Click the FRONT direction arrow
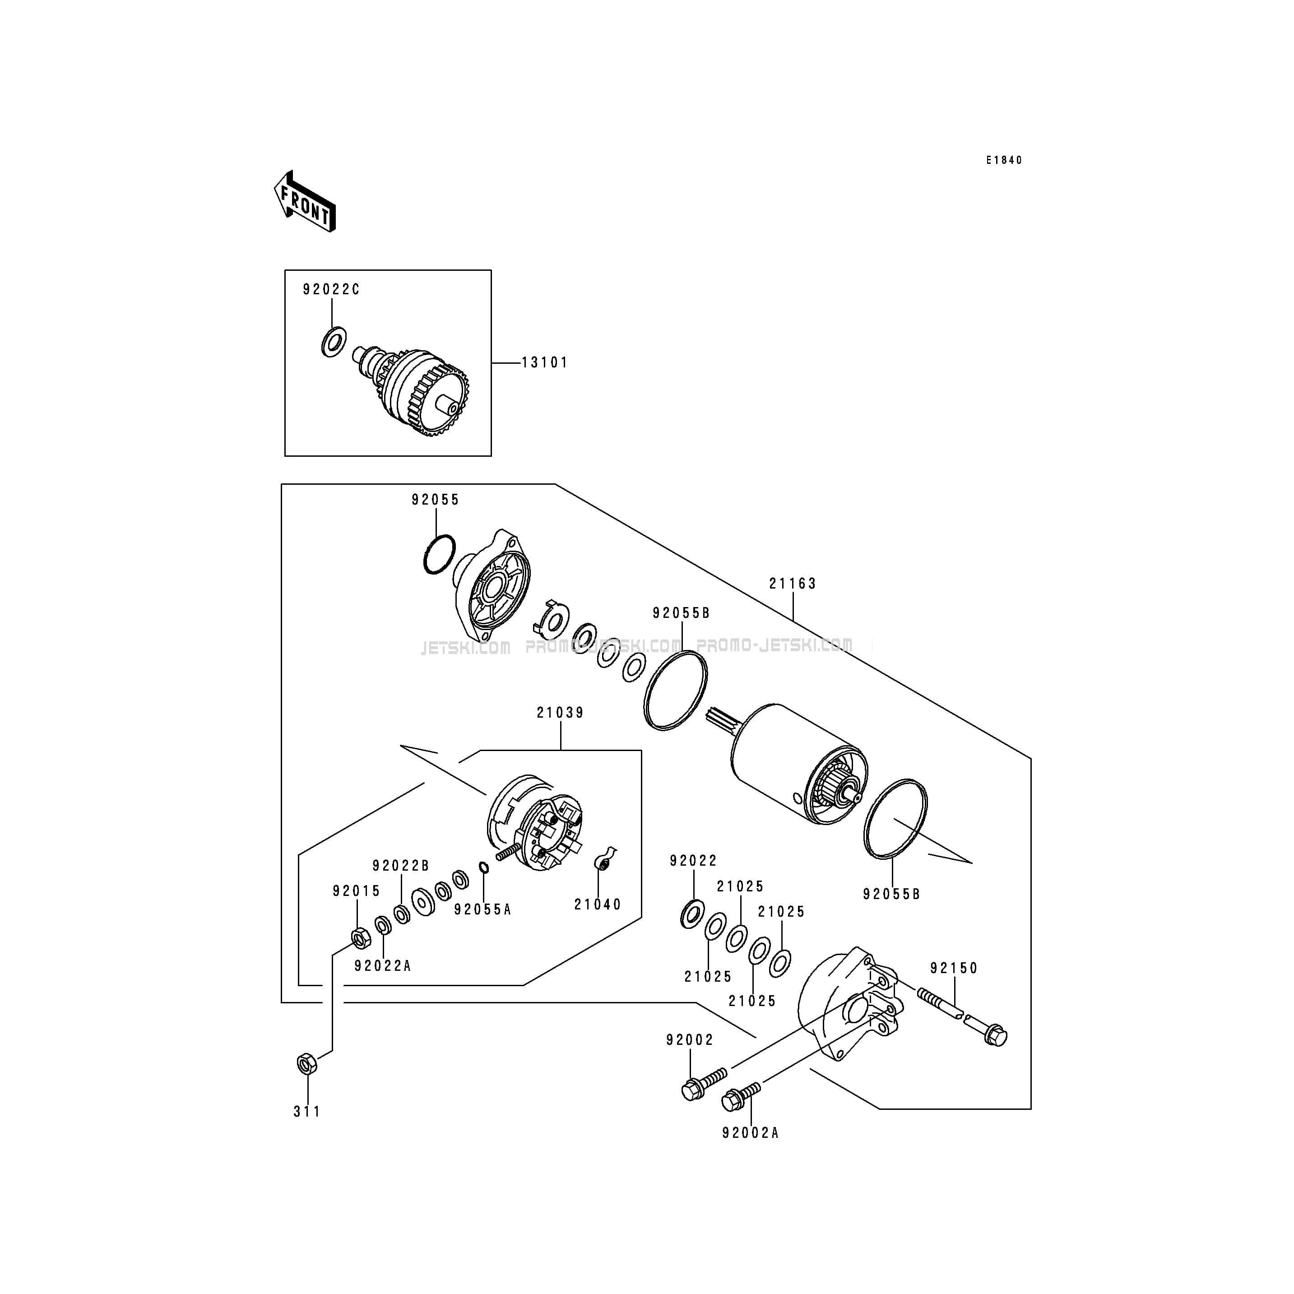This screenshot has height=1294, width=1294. click(x=305, y=201)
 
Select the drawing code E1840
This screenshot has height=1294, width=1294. click(x=1003, y=160)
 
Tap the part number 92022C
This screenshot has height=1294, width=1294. click(x=331, y=289)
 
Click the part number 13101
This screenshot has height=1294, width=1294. click(x=544, y=362)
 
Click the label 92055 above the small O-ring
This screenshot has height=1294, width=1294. click(x=436, y=500)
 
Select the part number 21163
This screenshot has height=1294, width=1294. click(x=793, y=584)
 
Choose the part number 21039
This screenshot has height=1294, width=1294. click(x=560, y=713)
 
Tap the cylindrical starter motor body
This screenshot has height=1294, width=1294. click(x=797, y=764)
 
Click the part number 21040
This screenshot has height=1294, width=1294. click(x=598, y=904)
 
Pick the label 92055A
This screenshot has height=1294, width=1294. click(x=482, y=909)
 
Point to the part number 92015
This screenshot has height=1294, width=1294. click(x=356, y=891)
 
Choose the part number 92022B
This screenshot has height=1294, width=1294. click(x=400, y=865)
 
